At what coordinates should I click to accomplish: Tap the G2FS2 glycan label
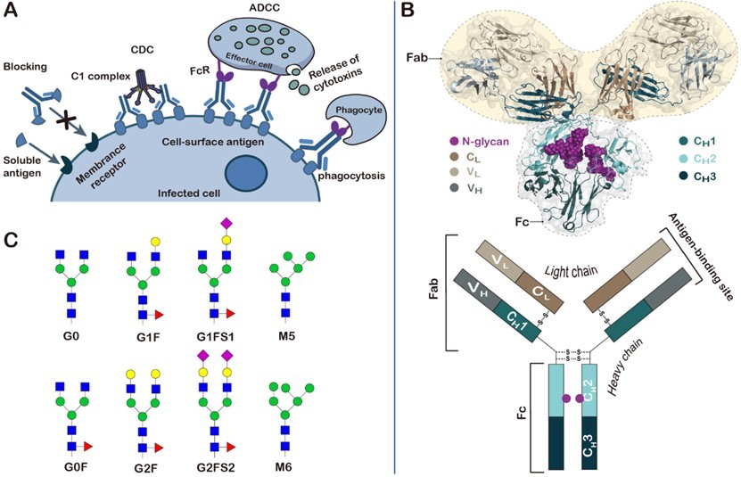217,466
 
